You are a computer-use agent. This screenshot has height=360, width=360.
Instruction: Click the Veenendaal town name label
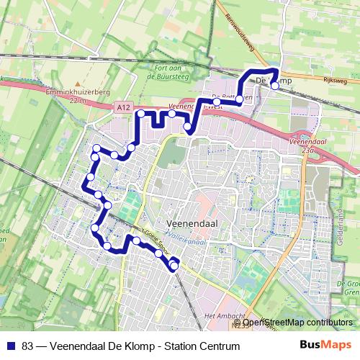192,225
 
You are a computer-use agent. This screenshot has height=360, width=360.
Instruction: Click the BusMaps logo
325,346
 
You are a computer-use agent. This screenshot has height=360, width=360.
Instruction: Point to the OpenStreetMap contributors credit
297,323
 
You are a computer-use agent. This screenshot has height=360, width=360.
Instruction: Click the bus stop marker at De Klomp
274,86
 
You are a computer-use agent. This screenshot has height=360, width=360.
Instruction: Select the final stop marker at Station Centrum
174,267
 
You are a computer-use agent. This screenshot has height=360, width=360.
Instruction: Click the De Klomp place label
274,81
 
